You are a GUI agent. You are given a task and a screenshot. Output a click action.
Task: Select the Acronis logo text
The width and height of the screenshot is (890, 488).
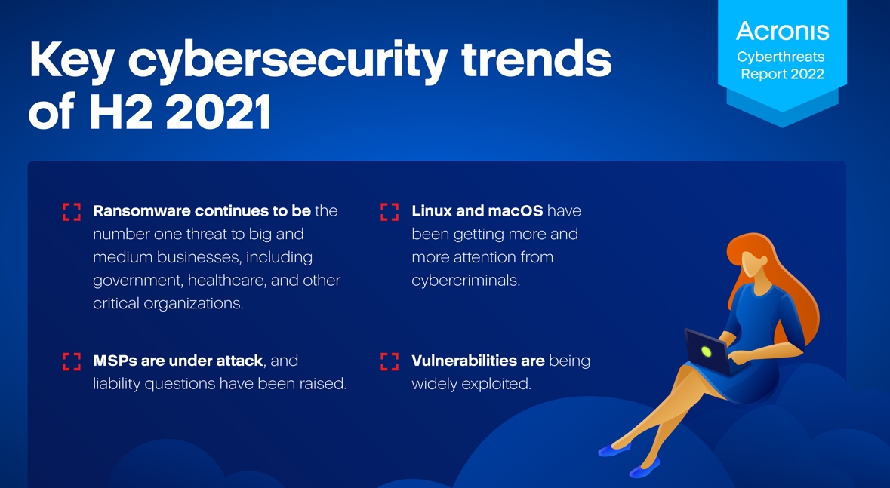[x=782, y=31]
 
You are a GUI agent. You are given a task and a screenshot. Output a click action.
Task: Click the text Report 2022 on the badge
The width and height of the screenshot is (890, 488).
[x=782, y=74]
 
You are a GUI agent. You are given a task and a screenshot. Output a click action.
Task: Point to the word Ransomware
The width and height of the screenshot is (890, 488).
[x=142, y=211]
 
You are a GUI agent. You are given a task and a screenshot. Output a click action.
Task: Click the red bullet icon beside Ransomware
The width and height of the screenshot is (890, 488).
[x=72, y=212]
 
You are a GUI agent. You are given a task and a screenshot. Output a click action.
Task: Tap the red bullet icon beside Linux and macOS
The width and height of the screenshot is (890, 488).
[x=390, y=212]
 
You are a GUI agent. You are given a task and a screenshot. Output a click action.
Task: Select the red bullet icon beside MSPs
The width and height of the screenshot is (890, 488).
[x=72, y=361]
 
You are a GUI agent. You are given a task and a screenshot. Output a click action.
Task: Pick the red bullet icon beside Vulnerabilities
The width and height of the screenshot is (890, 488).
[x=390, y=361]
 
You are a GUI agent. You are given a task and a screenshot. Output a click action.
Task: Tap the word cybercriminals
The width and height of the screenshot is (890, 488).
[x=466, y=281]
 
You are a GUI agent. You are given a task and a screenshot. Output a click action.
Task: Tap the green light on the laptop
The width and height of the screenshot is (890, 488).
[x=706, y=351]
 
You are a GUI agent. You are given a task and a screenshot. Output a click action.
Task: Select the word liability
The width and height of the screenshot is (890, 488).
[x=117, y=384]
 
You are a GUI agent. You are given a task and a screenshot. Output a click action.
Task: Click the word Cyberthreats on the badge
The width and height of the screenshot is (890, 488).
[x=781, y=57]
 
